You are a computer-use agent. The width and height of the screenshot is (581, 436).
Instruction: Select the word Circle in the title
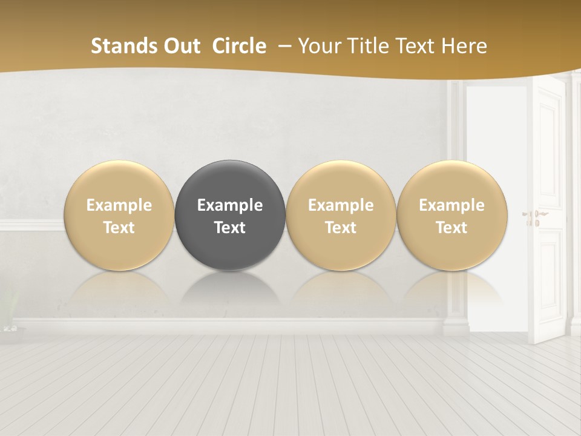(x=239, y=46)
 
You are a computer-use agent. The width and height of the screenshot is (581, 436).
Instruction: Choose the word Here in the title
(x=464, y=46)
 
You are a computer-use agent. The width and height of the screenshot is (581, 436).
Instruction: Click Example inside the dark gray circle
(x=230, y=205)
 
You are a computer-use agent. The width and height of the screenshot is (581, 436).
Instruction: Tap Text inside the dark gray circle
(x=230, y=228)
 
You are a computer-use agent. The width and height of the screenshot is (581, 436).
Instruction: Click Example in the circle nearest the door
(x=451, y=205)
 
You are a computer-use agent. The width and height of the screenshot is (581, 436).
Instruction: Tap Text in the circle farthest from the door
(x=119, y=228)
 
